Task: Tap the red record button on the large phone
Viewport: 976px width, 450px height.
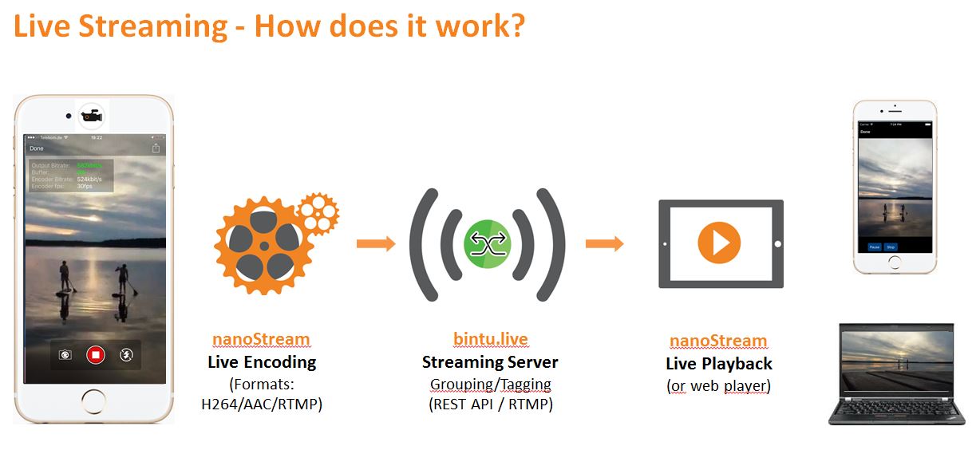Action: click(96, 354)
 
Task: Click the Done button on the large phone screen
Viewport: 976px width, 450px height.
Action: click(37, 148)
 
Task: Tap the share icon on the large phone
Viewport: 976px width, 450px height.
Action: click(156, 148)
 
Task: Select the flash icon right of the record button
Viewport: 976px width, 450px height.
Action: click(126, 354)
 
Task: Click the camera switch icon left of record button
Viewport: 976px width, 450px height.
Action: click(65, 354)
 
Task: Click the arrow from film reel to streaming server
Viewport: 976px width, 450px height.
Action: click(376, 243)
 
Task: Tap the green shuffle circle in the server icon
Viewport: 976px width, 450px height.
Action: click(487, 244)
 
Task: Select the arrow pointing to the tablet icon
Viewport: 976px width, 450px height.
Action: click(604, 243)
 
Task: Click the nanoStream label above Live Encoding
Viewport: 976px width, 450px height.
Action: click(261, 338)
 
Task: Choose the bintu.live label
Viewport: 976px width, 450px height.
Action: click(490, 338)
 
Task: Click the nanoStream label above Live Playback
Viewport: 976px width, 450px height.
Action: click(718, 341)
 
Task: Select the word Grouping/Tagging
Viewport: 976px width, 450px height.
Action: click(490, 384)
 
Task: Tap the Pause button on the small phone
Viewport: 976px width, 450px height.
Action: click(875, 247)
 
